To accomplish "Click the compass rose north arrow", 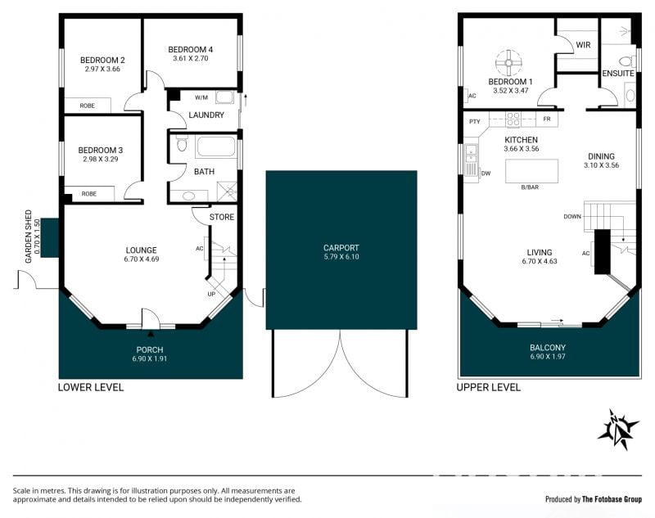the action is (x=618, y=430).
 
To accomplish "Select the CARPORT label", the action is (x=341, y=247).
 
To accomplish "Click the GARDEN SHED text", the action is (x=29, y=236).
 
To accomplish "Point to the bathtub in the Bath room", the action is (x=215, y=146).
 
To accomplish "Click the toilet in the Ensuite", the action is (x=626, y=61).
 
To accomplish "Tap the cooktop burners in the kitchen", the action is (x=513, y=119).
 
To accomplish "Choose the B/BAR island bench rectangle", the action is (x=531, y=171).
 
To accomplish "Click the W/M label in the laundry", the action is (x=201, y=97).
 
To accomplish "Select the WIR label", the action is (x=583, y=45).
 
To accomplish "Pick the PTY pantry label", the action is (x=475, y=121).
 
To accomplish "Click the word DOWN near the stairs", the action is (x=572, y=216).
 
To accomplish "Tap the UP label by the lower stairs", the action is (x=211, y=294).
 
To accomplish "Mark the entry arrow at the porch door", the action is (x=151, y=333).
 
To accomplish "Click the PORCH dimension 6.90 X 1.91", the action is (x=150, y=358).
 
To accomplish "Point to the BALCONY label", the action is (x=548, y=347).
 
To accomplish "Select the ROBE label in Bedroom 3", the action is (x=89, y=194).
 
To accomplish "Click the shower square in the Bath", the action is (x=227, y=192).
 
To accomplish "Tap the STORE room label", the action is (x=221, y=217).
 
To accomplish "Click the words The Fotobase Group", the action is (x=612, y=499).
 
